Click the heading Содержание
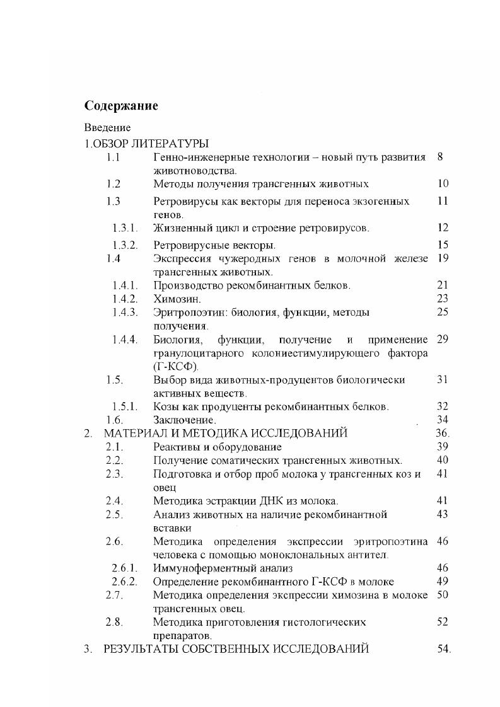pyautogui.click(x=121, y=105)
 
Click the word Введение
pyautogui.click(x=107, y=128)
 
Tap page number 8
pyautogui.click(x=439, y=157)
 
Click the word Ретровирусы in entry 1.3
pyautogui.click(x=183, y=202)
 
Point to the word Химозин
pyautogui.click(x=173, y=299)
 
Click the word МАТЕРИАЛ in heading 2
pyautogui.click(x=135, y=434)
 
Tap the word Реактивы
pyautogui.click(x=177, y=447)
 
